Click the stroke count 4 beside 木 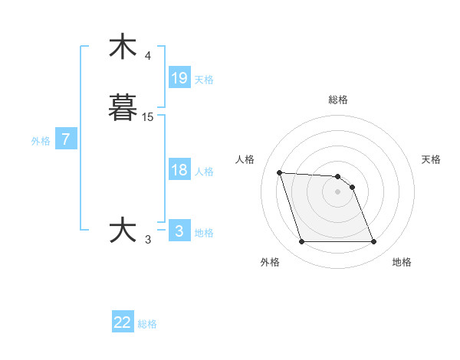pos(148,56)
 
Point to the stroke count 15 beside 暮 pos(148,116)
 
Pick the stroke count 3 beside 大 pos(148,240)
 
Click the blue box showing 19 pos(179,77)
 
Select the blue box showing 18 pos(179,170)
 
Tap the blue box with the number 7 pos(66,139)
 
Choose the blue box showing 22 pos(123,322)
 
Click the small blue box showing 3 pos(179,231)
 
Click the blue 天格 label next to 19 pos(204,80)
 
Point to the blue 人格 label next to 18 pos(204,172)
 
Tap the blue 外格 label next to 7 pos(41,141)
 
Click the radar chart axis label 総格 pos(338,100)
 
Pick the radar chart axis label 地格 pos(402,262)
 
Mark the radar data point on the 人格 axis pos(280,172)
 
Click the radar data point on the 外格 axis pos(301,242)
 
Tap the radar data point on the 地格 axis pos(374,242)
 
